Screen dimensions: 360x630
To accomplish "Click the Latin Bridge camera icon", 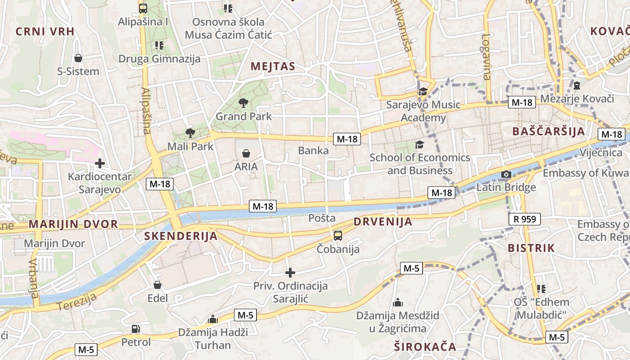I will [506, 174].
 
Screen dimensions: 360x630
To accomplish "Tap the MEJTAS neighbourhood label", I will [273, 67].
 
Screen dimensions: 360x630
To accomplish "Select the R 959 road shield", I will [524, 219].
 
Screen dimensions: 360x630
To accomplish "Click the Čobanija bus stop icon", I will [338, 235].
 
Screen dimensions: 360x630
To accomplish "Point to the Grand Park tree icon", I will [243, 103].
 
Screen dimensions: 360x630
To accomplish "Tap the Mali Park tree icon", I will [190, 133].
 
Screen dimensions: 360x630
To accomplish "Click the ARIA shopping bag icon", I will [246, 153].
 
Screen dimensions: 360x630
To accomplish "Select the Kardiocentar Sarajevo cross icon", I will [99, 163].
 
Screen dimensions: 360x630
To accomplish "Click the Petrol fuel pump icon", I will [135, 329].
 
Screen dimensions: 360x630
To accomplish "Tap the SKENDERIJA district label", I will [180, 236].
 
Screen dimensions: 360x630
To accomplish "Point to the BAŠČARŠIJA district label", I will [549, 131].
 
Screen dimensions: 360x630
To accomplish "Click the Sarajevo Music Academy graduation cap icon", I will [423, 92].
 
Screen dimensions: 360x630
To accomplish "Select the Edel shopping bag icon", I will [157, 285].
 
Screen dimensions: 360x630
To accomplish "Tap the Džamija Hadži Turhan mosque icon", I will [213, 319].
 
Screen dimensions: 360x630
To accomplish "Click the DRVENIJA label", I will [383, 221].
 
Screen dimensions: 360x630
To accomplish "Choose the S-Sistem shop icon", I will [78, 58].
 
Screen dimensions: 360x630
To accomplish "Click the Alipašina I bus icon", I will [143, 8].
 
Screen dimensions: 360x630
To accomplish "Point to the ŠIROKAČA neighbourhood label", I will [425, 346].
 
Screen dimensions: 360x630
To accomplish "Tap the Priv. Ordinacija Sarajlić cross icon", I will [290, 272].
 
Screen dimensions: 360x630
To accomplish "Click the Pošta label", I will [322, 218].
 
